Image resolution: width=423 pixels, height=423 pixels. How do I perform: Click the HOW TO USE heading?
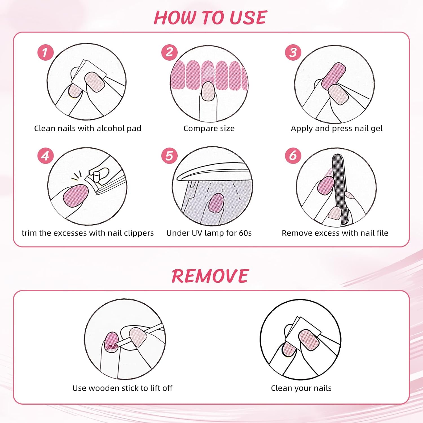click(210, 18)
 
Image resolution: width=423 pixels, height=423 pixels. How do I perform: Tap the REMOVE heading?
click(210, 276)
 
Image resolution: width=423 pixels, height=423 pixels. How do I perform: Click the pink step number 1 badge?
click(45, 52)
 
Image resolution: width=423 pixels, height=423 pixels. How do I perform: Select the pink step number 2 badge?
click(169, 52)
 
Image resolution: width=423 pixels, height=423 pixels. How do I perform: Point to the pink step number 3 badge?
click(293, 52)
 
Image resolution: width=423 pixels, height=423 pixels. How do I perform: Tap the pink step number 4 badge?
click(45, 156)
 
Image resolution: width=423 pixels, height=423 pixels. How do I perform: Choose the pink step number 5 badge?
click(169, 156)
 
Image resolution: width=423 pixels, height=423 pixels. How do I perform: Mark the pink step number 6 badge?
click(293, 156)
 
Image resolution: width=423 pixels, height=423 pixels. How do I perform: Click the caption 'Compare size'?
click(209, 129)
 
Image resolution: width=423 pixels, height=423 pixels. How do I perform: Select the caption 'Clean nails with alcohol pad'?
click(88, 129)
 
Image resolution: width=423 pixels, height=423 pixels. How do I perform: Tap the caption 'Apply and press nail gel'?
click(337, 129)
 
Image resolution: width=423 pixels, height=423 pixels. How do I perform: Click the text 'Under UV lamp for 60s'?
click(209, 233)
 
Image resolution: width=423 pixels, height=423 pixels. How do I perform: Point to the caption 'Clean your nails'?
click(301, 388)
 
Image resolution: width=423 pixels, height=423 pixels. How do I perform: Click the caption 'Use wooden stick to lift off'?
click(122, 388)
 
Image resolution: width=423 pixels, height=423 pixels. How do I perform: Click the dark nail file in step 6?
click(340, 189)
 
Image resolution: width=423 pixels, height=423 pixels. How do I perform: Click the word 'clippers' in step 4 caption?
click(138, 233)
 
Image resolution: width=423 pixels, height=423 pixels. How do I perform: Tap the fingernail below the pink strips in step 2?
click(208, 91)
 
